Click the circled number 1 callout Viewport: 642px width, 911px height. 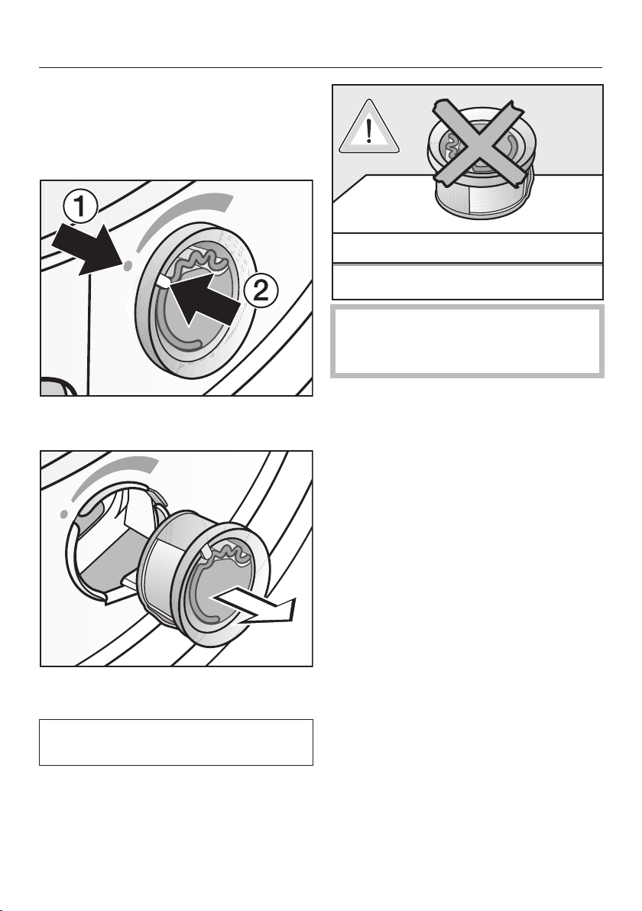click(x=80, y=207)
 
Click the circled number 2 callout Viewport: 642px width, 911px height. click(x=261, y=290)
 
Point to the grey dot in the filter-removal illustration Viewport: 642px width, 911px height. click(x=65, y=514)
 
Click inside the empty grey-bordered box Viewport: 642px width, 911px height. click(x=467, y=341)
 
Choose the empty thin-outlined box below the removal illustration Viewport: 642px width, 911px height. click(x=176, y=743)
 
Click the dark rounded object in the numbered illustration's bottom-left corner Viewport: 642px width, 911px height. click(x=58, y=387)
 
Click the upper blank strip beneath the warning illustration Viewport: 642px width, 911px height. click(x=467, y=248)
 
